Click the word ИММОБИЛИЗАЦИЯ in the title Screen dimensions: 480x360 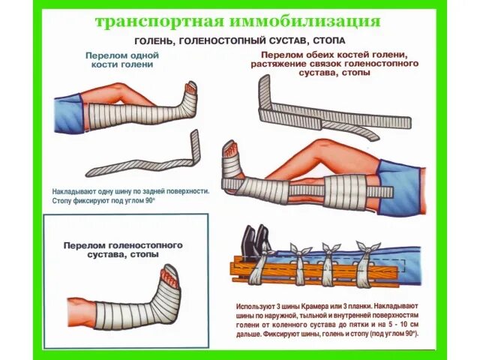[x=304, y=20]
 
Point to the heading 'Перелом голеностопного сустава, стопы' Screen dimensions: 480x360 [x=123, y=250]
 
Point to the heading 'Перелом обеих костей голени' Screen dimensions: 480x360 [x=333, y=56]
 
